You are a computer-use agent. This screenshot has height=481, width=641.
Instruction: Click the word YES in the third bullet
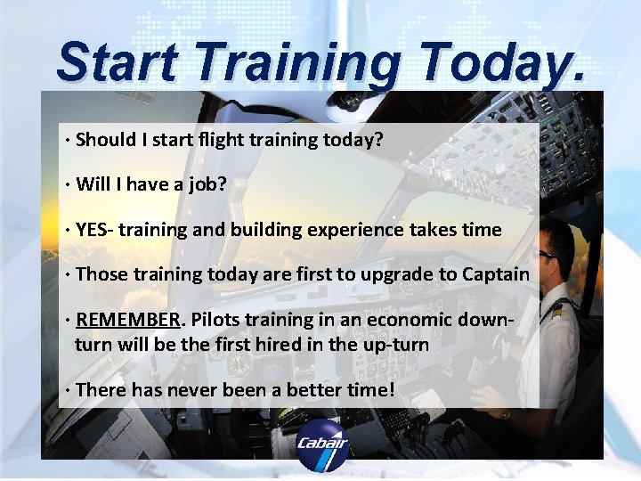93,230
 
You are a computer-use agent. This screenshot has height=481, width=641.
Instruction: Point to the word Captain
495,274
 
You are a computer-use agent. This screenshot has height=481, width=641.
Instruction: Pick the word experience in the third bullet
355,230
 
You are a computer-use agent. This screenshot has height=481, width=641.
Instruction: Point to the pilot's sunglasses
546,255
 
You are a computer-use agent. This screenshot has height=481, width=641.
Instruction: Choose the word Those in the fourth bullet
102,274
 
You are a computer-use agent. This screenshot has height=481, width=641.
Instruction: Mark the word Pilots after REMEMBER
218,320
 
